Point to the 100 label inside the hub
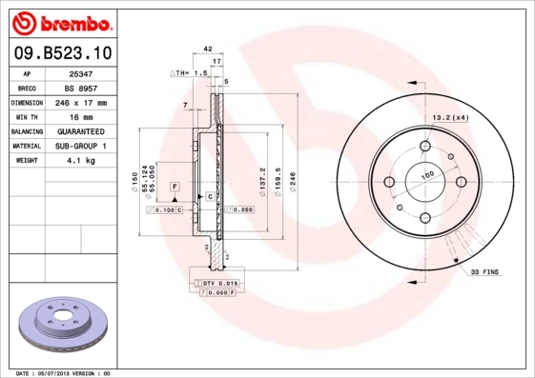(x=427, y=175)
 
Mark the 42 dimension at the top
(x=208, y=46)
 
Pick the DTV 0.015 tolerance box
(x=216, y=284)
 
